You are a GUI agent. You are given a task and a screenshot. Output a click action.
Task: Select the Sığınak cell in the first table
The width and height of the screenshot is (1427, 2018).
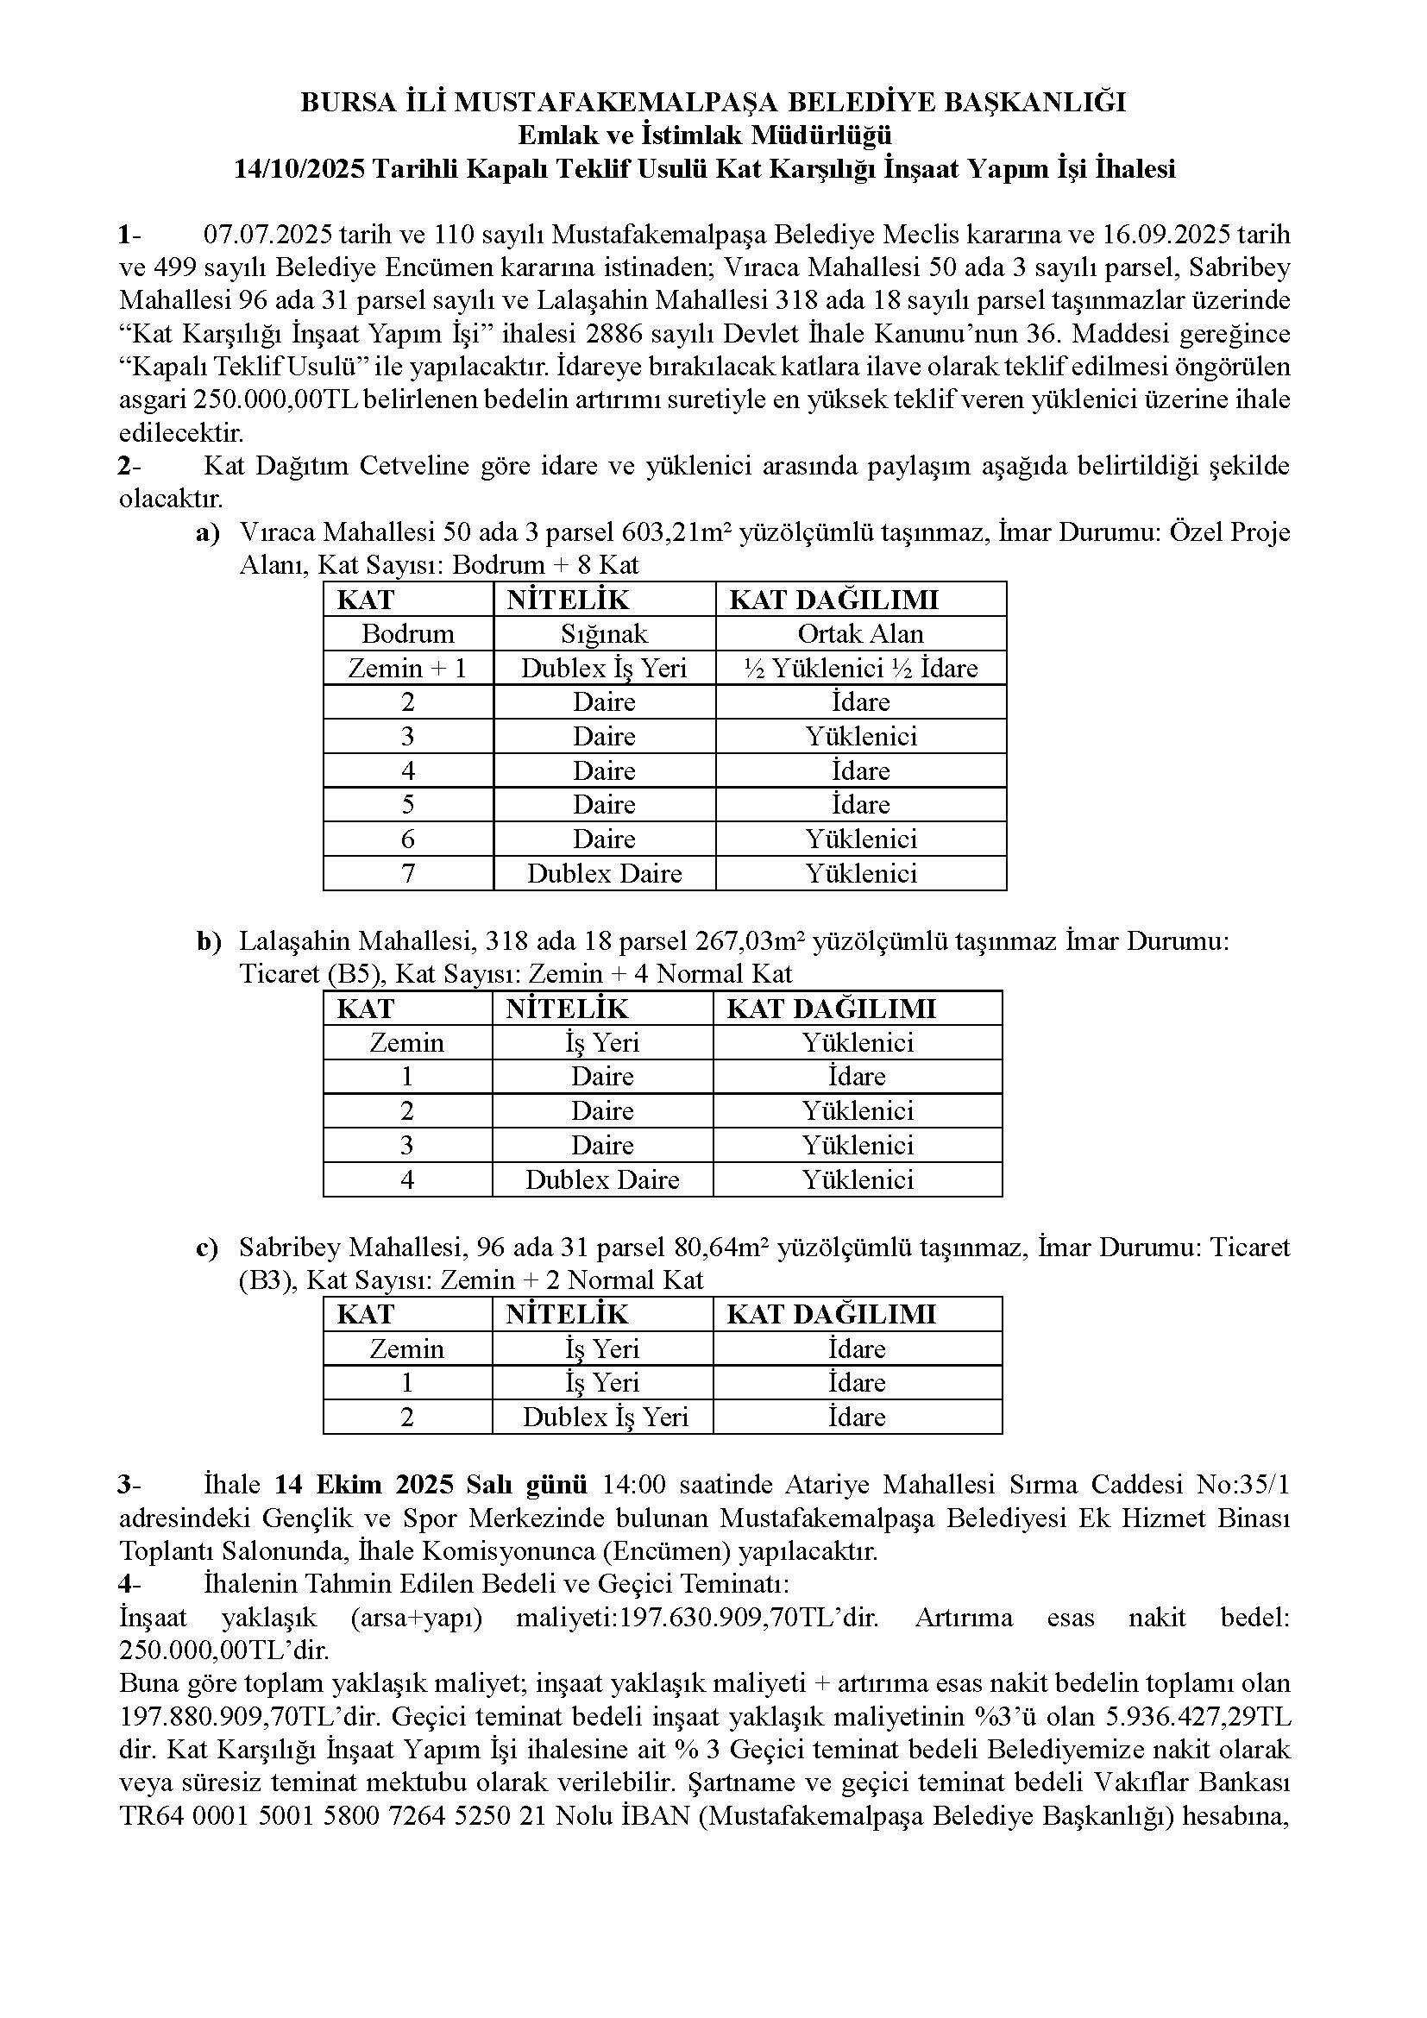(x=605, y=634)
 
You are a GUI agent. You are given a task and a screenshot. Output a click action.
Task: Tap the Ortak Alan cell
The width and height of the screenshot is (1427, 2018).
(x=860, y=634)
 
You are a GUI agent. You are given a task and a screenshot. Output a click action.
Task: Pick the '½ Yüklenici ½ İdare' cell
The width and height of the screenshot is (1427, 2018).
(x=860, y=668)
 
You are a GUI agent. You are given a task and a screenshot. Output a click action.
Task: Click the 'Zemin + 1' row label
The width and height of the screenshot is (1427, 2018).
(x=408, y=668)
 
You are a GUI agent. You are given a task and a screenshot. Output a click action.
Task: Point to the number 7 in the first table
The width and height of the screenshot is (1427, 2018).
(x=408, y=874)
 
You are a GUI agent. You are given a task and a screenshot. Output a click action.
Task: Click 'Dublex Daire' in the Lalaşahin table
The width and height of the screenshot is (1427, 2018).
(x=603, y=1179)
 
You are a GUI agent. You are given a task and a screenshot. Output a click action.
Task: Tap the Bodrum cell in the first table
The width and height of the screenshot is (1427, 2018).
(x=408, y=634)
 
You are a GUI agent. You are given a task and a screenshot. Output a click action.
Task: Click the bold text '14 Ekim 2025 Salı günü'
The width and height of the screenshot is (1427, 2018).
(x=431, y=1485)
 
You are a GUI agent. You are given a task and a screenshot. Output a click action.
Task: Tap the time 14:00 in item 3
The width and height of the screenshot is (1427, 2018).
(x=633, y=1485)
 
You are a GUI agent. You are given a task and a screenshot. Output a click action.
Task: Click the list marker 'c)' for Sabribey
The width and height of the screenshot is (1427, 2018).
(x=207, y=1248)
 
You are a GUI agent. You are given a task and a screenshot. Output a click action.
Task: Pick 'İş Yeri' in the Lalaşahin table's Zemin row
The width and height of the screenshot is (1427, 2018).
(x=603, y=1042)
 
